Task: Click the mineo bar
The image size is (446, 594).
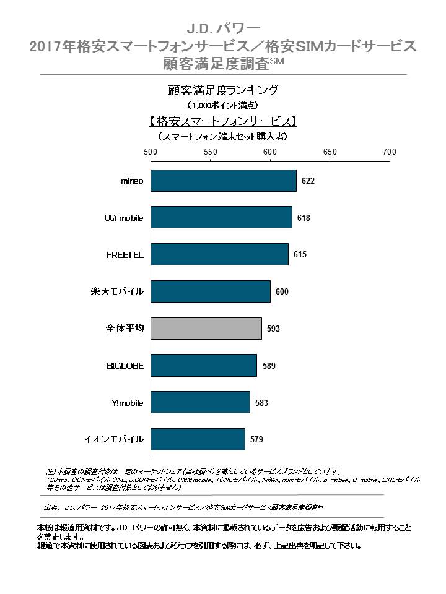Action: coord(223,181)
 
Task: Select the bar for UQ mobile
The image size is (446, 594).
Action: coord(221,218)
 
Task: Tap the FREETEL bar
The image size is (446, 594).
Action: coord(219,254)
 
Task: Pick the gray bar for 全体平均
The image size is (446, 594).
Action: coord(206,328)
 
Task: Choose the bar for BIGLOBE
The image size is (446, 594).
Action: coord(203,365)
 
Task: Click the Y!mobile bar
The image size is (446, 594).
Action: coord(200,402)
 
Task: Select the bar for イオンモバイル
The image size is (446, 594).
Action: coord(198,439)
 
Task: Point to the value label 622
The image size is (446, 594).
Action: coord(308,181)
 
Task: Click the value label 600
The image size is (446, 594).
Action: coord(282,291)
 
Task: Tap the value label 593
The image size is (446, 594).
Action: coord(273,329)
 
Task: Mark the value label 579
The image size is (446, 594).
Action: coord(257,440)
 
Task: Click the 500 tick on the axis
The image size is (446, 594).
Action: coord(151,152)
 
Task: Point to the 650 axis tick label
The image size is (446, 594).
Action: coord(330,152)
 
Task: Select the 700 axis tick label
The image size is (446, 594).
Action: coord(389,152)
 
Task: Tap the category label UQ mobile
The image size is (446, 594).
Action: coord(124,218)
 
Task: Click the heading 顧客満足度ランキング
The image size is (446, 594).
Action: coord(223,90)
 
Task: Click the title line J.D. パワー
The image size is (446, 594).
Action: coord(223,28)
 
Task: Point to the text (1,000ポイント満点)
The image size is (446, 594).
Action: coord(222,105)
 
